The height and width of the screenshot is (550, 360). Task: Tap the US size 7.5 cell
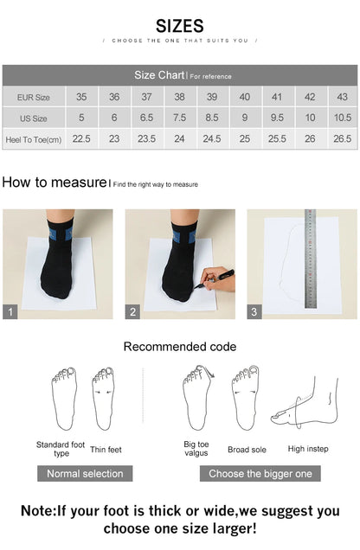tap(179, 118)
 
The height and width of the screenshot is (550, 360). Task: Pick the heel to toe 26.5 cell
tap(342, 138)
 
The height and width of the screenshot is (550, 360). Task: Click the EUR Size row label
tap(33, 97)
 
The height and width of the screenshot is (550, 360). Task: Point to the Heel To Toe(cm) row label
tap(33, 138)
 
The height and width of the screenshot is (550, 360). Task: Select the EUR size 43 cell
tap(342, 97)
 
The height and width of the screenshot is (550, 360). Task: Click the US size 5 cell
tap(81, 118)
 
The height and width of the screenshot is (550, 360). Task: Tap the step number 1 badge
tap(10, 311)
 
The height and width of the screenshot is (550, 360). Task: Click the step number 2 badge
tap(133, 311)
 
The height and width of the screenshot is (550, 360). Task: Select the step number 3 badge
tap(254, 311)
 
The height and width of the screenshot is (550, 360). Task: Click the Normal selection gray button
tap(85, 473)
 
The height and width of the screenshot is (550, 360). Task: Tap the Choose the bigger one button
tap(260, 473)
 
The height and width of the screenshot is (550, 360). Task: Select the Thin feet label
tap(106, 450)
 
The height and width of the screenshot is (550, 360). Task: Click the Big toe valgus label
tap(196, 448)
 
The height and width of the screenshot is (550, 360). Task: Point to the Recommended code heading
tap(179, 347)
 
